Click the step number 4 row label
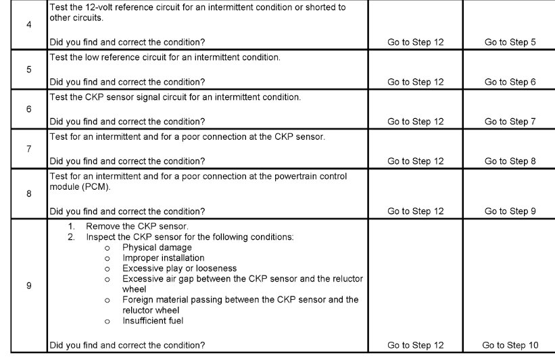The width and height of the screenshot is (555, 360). (x=28, y=27)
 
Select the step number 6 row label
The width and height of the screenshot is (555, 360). (x=28, y=109)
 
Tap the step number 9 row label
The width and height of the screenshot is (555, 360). (x=28, y=286)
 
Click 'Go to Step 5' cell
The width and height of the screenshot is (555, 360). (x=510, y=43)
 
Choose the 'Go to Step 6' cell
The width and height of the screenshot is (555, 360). (x=510, y=82)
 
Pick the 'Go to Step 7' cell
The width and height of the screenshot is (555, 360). (x=510, y=122)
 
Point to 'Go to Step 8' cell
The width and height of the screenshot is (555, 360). (x=510, y=161)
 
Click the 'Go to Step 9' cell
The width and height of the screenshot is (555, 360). (x=510, y=211)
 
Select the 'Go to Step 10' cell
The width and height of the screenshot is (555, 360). (x=510, y=346)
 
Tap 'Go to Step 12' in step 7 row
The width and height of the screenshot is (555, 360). (x=415, y=161)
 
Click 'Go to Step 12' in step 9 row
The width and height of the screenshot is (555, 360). (x=415, y=346)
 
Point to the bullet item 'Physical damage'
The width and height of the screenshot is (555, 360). (x=157, y=248)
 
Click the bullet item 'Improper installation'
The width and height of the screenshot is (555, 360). (x=163, y=258)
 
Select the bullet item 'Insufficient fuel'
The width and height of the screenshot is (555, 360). (x=153, y=321)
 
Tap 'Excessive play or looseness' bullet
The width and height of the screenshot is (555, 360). (x=179, y=268)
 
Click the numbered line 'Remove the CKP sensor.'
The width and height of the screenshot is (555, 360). (x=137, y=226)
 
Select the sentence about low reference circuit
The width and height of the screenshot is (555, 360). (x=164, y=57)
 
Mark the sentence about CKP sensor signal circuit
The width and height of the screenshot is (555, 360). (x=174, y=97)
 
